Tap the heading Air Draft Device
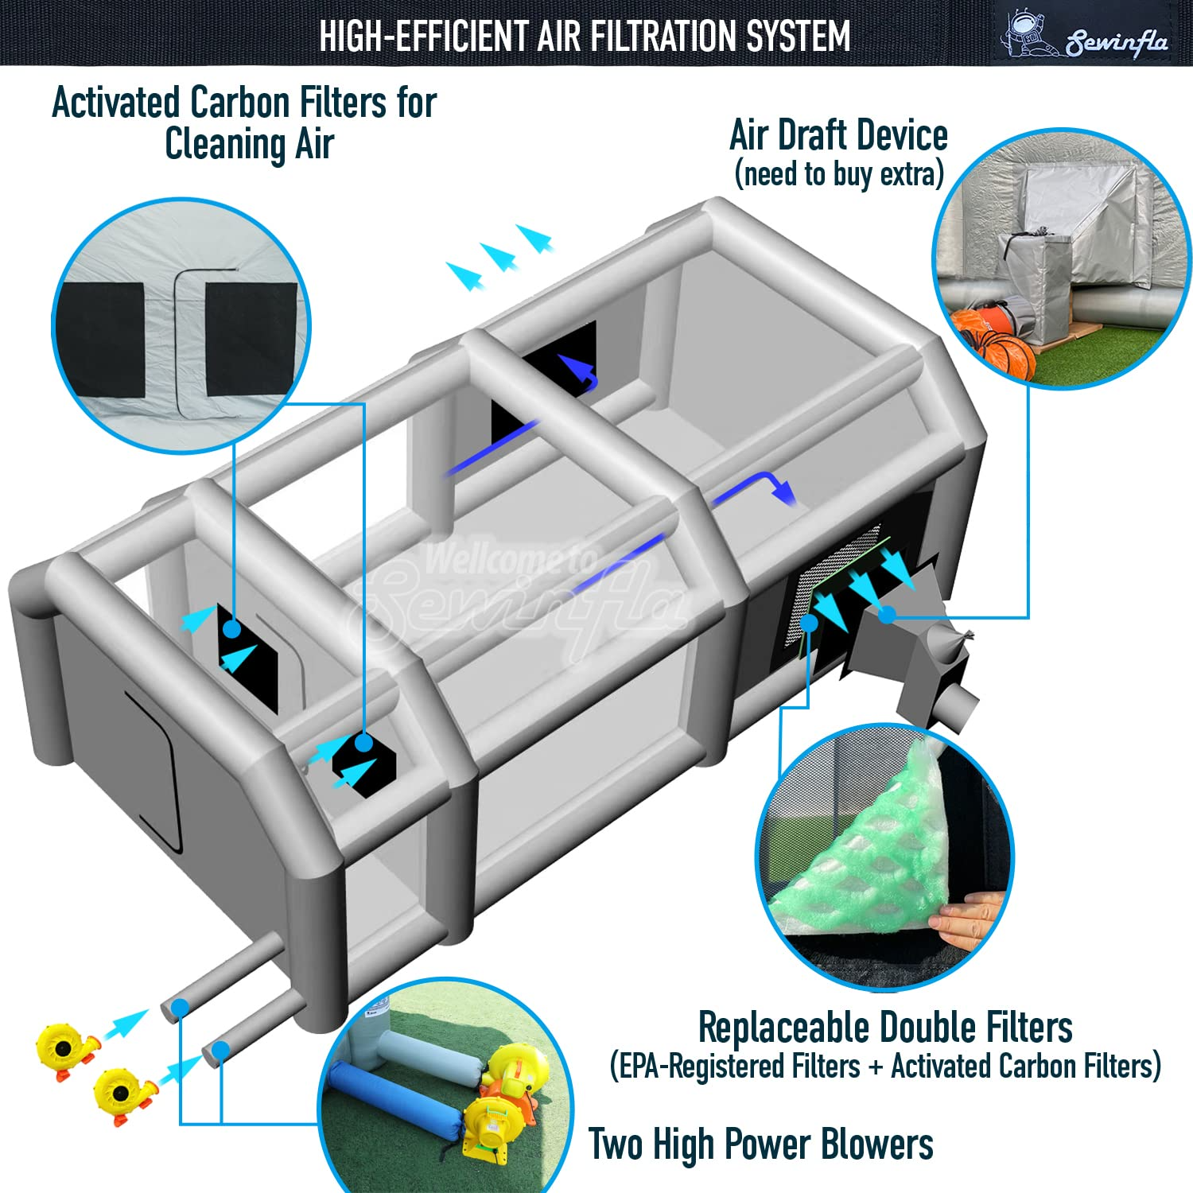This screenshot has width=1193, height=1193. [838, 135]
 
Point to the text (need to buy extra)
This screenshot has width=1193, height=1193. [839, 174]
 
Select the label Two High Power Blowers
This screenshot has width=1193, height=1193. [761, 1145]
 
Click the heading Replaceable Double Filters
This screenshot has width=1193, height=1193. [885, 1027]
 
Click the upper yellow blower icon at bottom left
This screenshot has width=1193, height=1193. [68, 1050]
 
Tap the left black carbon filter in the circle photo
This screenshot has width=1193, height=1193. [103, 340]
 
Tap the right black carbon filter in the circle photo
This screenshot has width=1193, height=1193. [251, 339]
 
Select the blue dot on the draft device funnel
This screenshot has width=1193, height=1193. [888, 614]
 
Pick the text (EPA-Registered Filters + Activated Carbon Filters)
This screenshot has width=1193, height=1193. [885, 1067]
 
